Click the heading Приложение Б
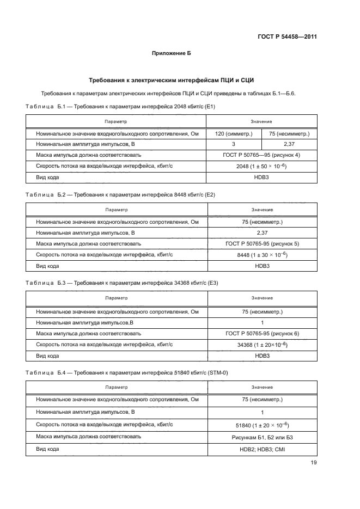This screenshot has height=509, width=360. click(170, 53)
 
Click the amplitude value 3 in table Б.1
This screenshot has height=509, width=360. click(233, 144)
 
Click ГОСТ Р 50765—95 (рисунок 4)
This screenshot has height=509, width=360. click(261, 155)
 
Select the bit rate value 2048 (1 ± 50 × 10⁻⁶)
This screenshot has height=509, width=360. click(261, 166)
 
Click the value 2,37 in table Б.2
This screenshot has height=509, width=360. click(261, 233)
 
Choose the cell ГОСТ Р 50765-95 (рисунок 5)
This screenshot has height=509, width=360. click(261, 244)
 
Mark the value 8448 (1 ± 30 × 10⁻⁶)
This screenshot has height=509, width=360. click(261, 255)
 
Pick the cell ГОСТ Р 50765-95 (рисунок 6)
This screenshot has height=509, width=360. click(261, 333)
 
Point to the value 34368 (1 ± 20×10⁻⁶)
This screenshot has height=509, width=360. click(261, 345)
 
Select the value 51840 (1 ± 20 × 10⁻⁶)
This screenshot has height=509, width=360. click(261, 425)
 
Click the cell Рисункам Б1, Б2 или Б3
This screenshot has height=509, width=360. click(261, 437)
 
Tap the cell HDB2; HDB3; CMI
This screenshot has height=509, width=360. click(261, 449)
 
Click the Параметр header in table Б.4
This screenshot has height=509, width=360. click(116, 387)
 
